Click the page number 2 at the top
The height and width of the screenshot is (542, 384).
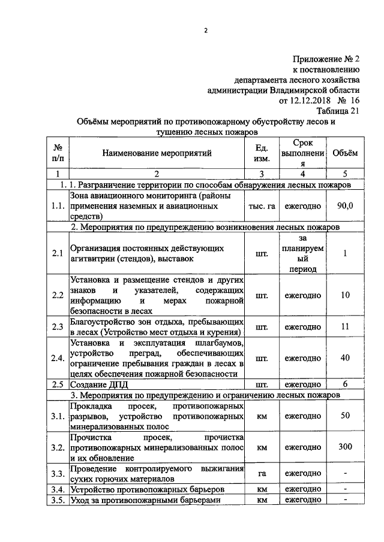[x=205, y=31]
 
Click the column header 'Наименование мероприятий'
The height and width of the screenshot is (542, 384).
[x=157, y=153]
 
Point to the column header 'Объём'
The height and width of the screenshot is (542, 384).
[x=345, y=153]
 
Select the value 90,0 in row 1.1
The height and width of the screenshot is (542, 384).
[x=345, y=205]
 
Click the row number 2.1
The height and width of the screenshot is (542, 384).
[x=58, y=253]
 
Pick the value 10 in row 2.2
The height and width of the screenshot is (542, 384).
[x=345, y=295]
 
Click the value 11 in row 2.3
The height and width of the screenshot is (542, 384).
[x=345, y=326]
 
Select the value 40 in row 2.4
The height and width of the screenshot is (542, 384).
[x=345, y=358]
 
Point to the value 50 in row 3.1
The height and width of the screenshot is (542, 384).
[x=345, y=416]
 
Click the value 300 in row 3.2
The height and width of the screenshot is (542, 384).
[x=345, y=447]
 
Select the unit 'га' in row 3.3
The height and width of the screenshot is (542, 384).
[x=262, y=473]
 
